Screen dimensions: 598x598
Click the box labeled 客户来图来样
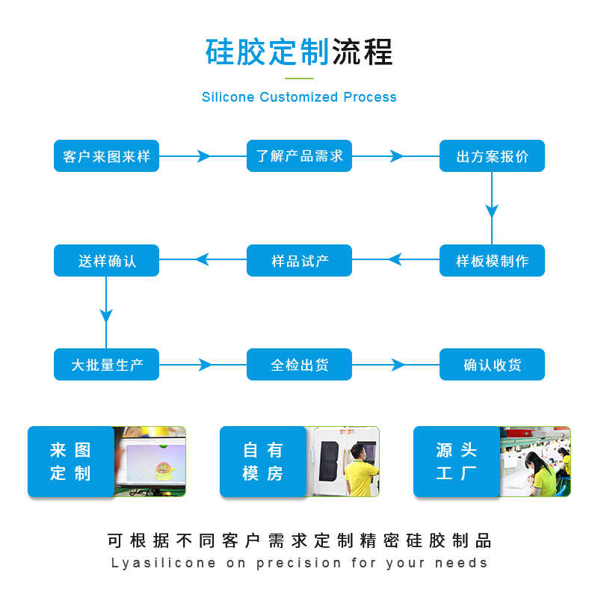[x=106, y=156]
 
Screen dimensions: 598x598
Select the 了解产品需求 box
[x=299, y=156]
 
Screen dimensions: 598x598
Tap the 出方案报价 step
[x=492, y=156]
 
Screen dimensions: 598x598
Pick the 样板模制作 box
[x=492, y=261]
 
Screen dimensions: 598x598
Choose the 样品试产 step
[x=299, y=261]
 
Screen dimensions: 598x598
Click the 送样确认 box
[x=106, y=261]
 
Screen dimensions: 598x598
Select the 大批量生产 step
[x=106, y=365]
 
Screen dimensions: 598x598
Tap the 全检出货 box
[x=299, y=365]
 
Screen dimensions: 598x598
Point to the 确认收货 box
[x=492, y=365]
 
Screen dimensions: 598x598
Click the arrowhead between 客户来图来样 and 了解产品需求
[x=203, y=156]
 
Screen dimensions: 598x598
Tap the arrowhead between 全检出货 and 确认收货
[x=398, y=365]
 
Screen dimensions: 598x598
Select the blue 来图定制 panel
[x=70, y=461]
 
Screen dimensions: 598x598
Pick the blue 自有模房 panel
[x=262, y=461]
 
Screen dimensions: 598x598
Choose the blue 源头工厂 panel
[x=456, y=461]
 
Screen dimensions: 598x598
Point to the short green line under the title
[x=299, y=77]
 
